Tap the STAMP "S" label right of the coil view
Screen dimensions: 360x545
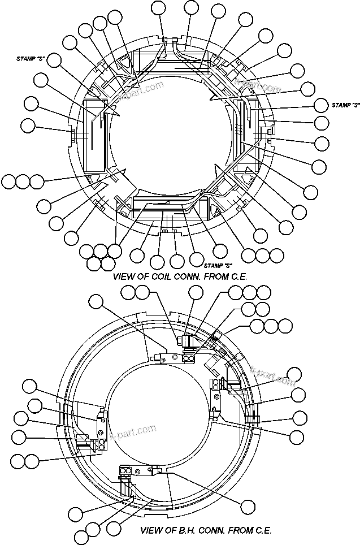click(346, 105)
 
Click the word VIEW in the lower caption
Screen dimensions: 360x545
click(152, 531)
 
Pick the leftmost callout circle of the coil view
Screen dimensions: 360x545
click(8, 181)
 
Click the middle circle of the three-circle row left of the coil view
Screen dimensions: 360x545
click(23, 181)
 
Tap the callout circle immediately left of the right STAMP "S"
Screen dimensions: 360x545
click(321, 105)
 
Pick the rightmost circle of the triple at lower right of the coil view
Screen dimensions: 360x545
click(276, 255)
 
